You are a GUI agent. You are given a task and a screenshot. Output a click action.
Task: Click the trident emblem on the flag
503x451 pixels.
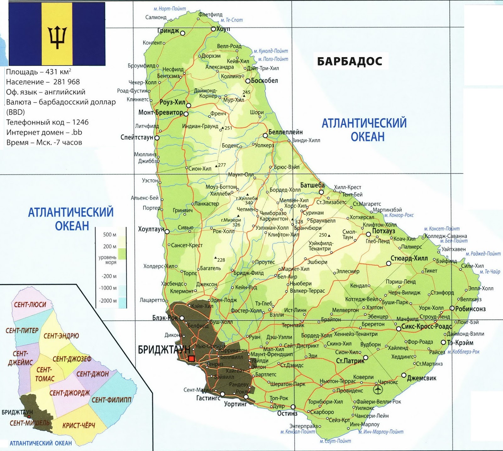click(x=57, y=37)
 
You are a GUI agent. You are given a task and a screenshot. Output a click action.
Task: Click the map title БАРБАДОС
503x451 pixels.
click(x=349, y=61)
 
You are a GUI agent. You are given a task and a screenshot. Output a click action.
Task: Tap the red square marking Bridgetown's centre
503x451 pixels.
click(x=191, y=359)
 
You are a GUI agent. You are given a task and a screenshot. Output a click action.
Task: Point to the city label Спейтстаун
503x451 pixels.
click(x=137, y=137)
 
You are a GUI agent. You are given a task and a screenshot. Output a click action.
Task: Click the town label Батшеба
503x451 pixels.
click(x=312, y=185)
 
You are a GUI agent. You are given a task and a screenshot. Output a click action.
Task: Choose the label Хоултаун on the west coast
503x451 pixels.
click(x=151, y=229)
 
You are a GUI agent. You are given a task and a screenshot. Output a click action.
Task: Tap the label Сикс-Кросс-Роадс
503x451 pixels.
click(x=426, y=326)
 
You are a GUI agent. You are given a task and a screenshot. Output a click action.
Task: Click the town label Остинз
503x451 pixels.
click(x=287, y=413)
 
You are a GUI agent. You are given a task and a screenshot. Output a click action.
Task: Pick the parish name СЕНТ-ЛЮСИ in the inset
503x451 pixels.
click(x=30, y=304)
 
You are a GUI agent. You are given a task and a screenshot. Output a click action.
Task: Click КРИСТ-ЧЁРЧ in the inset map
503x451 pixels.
click(x=78, y=426)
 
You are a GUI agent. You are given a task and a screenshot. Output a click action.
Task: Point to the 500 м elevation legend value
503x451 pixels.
click(x=109, y=235)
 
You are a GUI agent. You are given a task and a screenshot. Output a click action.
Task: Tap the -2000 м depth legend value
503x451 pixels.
click(x=108, y=301)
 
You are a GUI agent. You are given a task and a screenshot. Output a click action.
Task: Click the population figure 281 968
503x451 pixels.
click(x=66, y=82)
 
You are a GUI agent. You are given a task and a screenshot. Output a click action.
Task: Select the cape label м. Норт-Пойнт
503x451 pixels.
click(x=169, y=9)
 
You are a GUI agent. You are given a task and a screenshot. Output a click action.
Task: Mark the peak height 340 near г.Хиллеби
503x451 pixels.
click(x=249, y=203)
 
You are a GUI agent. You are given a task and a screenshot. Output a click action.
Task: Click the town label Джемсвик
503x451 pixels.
click(x=421, y=378)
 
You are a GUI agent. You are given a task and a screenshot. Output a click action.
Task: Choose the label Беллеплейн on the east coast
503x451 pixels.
click(x=285, y=132)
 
